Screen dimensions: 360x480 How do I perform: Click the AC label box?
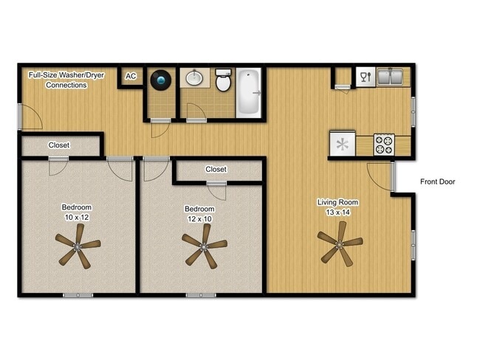[131, 77]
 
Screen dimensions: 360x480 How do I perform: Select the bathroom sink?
[196, 78]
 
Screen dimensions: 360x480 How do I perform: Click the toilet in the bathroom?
[222, 79]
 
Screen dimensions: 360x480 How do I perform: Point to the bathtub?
[249, 92]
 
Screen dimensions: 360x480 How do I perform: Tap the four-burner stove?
[384, 143]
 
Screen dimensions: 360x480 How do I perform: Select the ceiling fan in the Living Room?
[340, 243]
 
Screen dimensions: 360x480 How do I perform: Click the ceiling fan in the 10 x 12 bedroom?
[78, 245]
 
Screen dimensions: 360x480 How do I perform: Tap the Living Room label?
[337, 202]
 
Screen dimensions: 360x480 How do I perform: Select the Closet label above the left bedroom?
[59, 145]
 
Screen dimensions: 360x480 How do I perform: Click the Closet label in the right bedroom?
[216, 170]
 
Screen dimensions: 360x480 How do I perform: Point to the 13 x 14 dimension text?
[337, 212]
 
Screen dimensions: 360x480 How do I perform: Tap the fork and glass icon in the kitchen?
[363, 75]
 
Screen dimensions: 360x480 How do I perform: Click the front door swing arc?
[378, 178]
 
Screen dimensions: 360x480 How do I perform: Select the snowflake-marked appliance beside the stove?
[343, 144]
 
